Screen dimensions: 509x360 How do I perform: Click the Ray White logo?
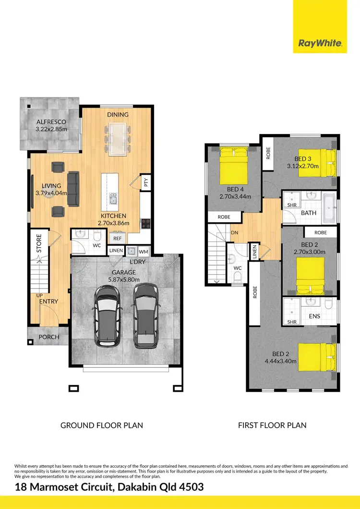[320, 43]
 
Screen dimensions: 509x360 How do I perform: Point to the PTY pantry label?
[145, 182]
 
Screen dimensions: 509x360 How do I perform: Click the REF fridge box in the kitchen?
[117, 238]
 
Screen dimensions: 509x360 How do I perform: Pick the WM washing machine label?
[144, 251]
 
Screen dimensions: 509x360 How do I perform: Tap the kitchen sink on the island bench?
[113, 199]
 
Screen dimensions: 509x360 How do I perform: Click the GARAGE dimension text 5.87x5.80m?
[124, 279]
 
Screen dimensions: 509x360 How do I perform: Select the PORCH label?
[49, 337]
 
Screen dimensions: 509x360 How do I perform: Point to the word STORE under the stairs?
[39, 243]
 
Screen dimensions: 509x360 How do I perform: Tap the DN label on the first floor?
[235, 232]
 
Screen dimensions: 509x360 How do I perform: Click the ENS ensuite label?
[314, 316]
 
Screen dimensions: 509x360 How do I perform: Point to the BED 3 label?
[303, 159]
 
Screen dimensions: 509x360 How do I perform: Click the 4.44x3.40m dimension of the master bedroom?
[281, 361]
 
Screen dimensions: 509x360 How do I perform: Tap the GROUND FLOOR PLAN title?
[101, 425]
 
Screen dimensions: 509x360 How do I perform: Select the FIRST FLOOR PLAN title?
[272, 425]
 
